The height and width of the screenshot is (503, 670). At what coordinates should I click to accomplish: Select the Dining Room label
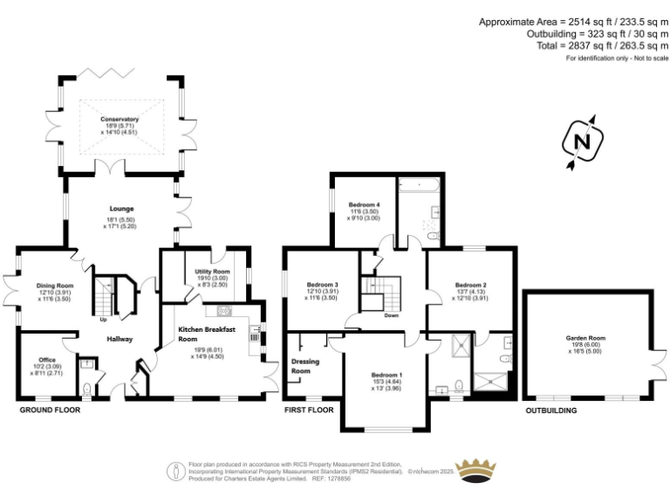[x=54, y=286]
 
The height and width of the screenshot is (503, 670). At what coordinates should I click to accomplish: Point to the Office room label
[x=47, y=360]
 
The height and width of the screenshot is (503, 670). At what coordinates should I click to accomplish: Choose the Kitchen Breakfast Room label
[x=208, y=334]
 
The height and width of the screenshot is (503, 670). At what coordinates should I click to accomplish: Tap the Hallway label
[x=119, y=339]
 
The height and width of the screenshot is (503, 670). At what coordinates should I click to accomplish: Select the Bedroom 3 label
[x=322, y=284]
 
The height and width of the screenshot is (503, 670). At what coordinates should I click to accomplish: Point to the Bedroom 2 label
[x=470, y=286]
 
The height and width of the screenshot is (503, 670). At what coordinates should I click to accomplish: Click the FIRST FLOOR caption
[x=309, y=409]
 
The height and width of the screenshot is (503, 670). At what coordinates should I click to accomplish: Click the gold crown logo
[x=476, y=472]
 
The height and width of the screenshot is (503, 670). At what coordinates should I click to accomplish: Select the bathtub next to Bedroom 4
[x=420, y=185]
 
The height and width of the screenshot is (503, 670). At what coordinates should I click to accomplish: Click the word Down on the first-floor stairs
[x=392, y=316]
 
